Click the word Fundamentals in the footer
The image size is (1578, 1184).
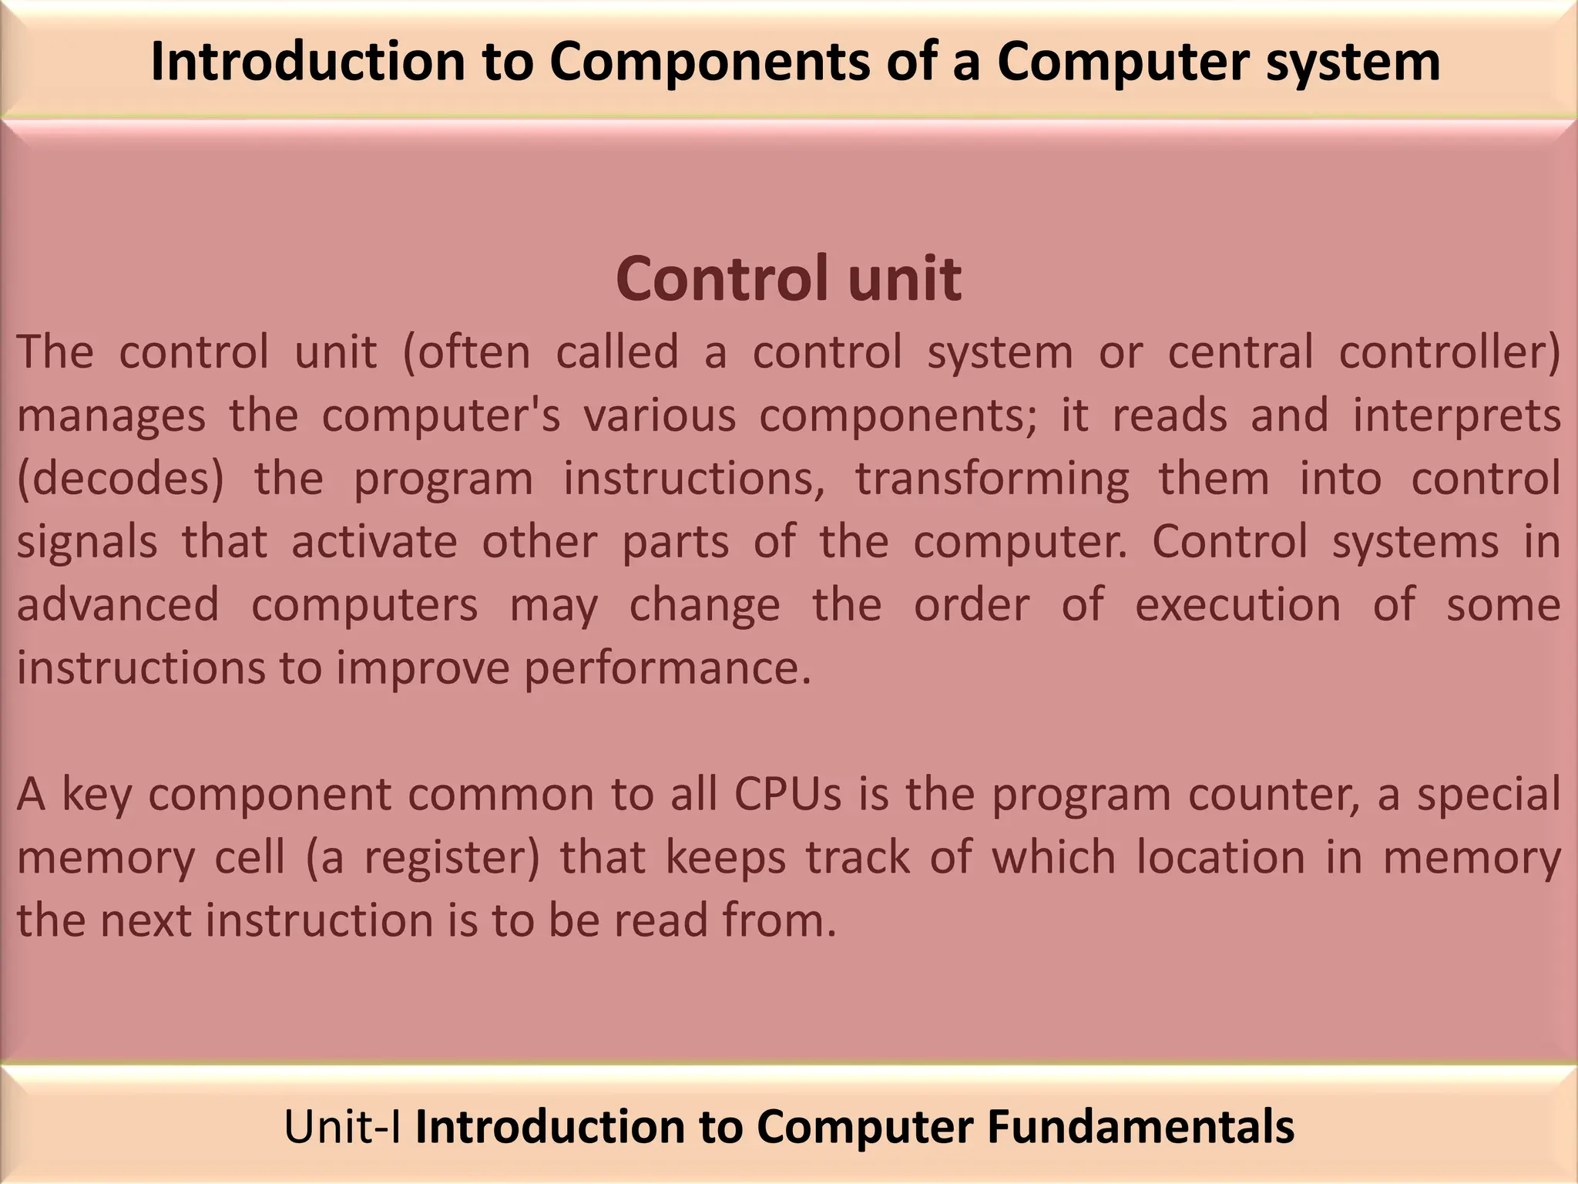(x=1140, y=1126)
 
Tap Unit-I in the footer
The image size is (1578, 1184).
(x=343, y=1126)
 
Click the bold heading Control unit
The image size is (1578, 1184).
(x=788, y=278)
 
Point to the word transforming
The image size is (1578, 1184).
(x=992, y=479)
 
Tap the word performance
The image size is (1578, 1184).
(x=668, y=668)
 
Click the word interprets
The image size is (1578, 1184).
(x=1457, y=416)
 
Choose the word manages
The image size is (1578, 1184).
(x=111, y=416)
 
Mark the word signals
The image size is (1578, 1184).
(x=87, y=543)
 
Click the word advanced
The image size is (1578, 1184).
(x=118, y=604)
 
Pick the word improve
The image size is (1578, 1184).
(x=423, y=669)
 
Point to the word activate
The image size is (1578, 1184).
(x=374, y=541)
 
